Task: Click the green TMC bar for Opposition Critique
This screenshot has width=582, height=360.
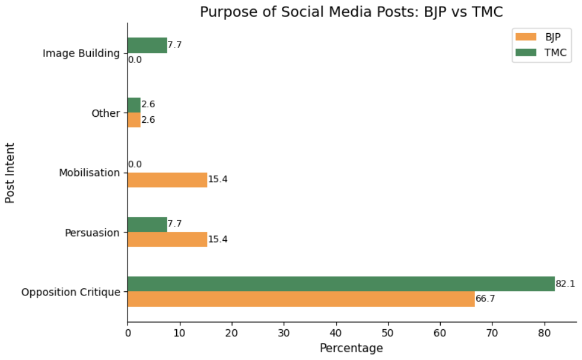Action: [x=341, y=284]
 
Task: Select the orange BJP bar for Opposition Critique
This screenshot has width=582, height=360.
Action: [x=301, y=299]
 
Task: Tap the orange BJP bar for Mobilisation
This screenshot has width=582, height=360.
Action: [x=167, y=180]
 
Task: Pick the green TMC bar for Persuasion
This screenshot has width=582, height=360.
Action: [x=147, y=224]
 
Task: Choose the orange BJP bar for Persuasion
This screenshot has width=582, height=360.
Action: [x=167, y=239]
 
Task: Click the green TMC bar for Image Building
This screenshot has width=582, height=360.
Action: [x=147, y=45]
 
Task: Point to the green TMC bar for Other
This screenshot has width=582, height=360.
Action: [x=134, y=105]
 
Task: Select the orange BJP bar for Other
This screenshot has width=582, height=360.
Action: [x=134, y=119]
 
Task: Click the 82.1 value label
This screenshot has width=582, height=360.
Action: [x=565, y=284]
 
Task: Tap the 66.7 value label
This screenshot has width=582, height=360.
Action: [x=485, y=299]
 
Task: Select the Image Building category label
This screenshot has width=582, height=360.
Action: [x=81, y=53]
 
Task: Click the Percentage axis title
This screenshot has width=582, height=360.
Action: [x=351, y=348]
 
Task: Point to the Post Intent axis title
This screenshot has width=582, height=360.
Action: [x=10, y=172]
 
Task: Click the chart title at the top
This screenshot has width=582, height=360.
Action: [x=351, y=12]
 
